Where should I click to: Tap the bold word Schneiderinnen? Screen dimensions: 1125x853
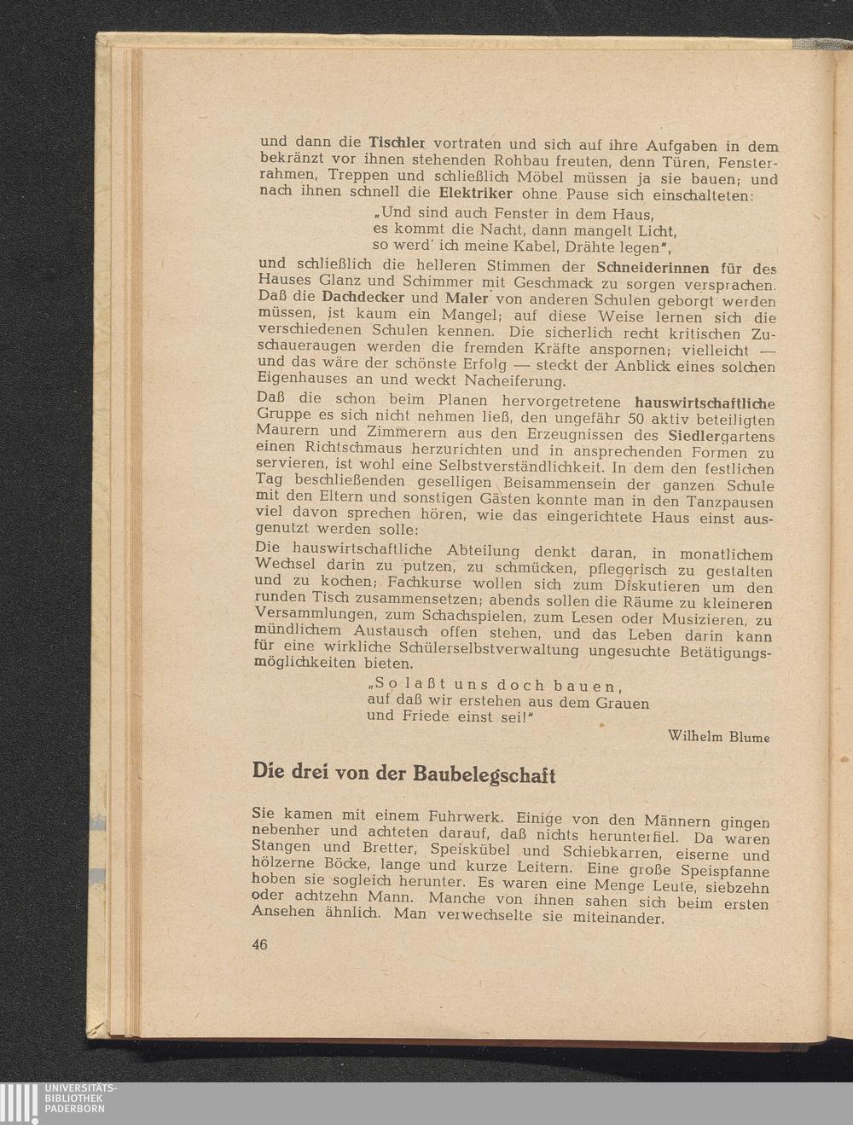[x=653, y=267]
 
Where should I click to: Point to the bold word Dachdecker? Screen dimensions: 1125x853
[x=362, y=299]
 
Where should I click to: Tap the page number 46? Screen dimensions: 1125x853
[x=260, y=944]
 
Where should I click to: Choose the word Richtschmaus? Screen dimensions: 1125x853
[x=340, y=449]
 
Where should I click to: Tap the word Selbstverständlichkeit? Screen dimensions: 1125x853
[x=517, y=467]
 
